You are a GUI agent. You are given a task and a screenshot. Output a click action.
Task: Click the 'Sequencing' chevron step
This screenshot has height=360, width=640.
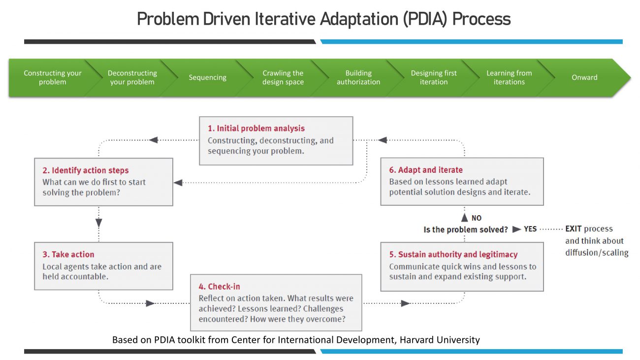[x=207, y=77]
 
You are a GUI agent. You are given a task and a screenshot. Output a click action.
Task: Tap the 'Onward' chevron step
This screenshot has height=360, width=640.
[x=584, y=77]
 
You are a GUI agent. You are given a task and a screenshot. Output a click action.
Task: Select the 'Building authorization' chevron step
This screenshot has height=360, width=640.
[x=358, y=77]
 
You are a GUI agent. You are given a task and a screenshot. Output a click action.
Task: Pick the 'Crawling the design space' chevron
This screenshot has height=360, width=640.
[x=283, y=77]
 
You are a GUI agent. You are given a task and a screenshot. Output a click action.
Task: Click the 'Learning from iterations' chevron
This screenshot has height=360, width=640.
[x=509, y=77]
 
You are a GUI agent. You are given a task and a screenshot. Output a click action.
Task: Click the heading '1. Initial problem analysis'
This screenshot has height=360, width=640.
[x=256, y=129]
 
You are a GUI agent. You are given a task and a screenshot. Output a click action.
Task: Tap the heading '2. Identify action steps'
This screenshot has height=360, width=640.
[x=86, y=170]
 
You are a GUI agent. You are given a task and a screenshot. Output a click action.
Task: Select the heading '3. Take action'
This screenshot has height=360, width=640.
[x=68, y=255]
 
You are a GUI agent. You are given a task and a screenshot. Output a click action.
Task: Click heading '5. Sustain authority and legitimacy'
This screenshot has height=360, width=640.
[x=453, y=255]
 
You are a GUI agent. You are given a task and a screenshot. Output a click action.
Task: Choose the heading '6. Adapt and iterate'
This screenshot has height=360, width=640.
[x=426, y=170]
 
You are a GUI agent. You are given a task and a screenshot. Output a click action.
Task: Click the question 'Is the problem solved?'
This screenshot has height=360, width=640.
[x=466, y=229]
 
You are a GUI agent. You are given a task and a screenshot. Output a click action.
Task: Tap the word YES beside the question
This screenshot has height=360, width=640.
[x=530, y=229]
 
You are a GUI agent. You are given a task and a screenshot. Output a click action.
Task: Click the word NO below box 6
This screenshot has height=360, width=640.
[x=477, y=218]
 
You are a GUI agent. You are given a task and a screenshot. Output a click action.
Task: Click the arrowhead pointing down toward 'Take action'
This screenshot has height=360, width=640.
[x=99, y=223]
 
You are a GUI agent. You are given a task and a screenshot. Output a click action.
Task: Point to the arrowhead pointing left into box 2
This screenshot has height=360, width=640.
[x=178, y=183]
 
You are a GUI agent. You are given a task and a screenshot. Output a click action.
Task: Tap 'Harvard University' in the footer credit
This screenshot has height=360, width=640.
[x=438, y=340]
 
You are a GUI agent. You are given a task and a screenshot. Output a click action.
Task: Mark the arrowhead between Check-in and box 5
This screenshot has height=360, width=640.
[x=405, y=303]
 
